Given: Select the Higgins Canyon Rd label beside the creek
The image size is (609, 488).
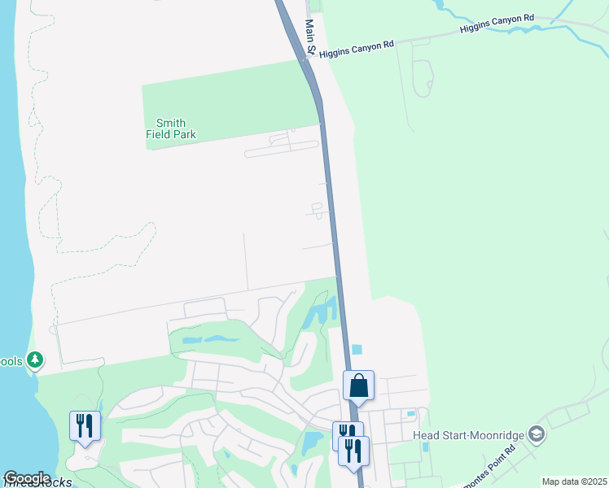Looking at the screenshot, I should pyautogui.click(x=497, y=23).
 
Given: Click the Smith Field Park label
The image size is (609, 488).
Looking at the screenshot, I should pyautogui.click(x=171, y=128).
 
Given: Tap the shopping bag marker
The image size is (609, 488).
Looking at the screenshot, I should pyautogui.click(x=358, y=386).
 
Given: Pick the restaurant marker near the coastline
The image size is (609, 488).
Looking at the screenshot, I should pyautogui.click(x=85, y=425).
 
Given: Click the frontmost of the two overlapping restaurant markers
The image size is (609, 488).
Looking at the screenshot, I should pyautogui.click(x=353, y=451).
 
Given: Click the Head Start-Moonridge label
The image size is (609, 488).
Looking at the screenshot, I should pyautogui.click(x=468, y=435).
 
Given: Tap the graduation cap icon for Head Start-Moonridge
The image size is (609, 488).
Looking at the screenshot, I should pyautogui.click(x=536, y=434).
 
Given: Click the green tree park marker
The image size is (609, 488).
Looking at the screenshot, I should pyautogui.click(x=34, y=359).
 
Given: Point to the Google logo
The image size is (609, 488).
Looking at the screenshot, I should pyautogui.click(x=27, y=478).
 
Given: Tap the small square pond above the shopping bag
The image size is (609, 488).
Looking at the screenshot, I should pyautogui.click(x=357, y=350).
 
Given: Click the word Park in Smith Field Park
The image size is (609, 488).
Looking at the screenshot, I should pyautogui.click(x=184, y=134).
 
